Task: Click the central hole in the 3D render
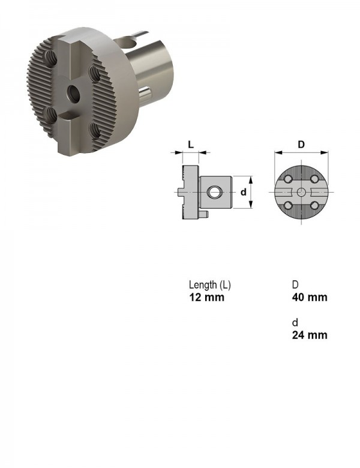click(x=73, y=94)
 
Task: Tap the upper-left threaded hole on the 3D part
click(x=51, y=58)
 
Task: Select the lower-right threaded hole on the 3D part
click(x=95, y=131)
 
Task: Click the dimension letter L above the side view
click(x=191, y=145)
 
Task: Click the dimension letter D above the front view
click(x=301, y=145)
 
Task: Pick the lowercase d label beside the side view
click(x=244, y=192)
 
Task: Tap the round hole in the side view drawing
click(x=214, y=192)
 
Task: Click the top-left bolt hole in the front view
click(x=288, y=179)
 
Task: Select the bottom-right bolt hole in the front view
click(x=314, y=205)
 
